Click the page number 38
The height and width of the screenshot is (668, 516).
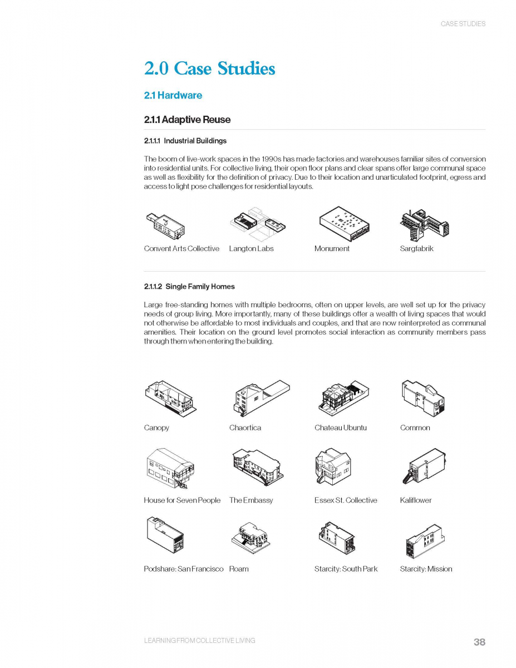479,642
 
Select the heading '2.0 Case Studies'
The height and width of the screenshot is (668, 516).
209,69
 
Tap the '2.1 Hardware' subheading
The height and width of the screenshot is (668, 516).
173,95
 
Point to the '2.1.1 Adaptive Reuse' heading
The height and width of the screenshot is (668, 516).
187,120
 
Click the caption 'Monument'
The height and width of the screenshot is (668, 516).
332,249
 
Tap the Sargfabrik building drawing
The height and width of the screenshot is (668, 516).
424,224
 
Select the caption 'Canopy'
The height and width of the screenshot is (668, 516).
156,428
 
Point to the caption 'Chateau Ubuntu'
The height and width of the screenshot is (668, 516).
341,428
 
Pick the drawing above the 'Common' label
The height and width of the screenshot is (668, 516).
423,397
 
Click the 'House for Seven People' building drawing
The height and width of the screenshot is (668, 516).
170,468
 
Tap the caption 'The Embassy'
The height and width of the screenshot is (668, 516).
251,500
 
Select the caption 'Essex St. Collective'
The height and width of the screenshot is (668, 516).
346,500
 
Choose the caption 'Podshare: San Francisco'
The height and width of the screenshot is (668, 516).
184,569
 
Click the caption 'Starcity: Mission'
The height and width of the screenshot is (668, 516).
426,569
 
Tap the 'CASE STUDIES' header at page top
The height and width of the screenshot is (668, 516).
463,24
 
